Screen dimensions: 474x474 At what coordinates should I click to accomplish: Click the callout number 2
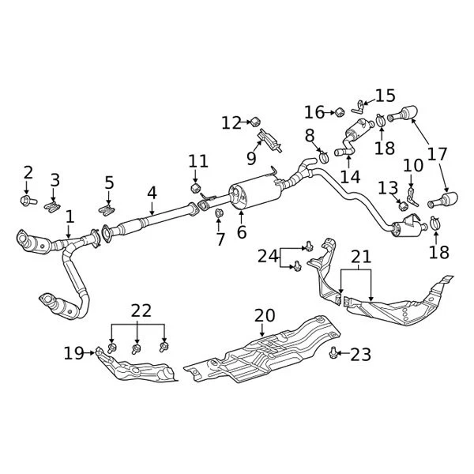tap(28, 172)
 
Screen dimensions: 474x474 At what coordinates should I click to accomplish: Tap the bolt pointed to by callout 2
tap(25, 201)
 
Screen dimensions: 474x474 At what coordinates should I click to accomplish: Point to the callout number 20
tap(265, 316)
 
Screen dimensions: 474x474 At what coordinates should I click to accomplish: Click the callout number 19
tap(73, 353)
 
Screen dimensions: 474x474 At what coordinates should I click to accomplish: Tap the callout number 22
tap(140, 311)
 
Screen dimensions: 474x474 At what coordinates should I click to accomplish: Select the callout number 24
tap(268, 255)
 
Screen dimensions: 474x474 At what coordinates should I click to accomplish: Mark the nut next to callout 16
tap(338, 112)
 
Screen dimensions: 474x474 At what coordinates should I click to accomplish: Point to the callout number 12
tap(231, 122)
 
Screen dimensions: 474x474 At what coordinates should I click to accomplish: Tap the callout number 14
tap(348, 177)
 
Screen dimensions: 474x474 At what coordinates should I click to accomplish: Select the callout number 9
tap(251, 159)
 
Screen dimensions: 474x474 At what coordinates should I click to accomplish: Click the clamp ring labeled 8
tap(323, 158)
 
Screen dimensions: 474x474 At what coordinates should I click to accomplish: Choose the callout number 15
tap(386, 96)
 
